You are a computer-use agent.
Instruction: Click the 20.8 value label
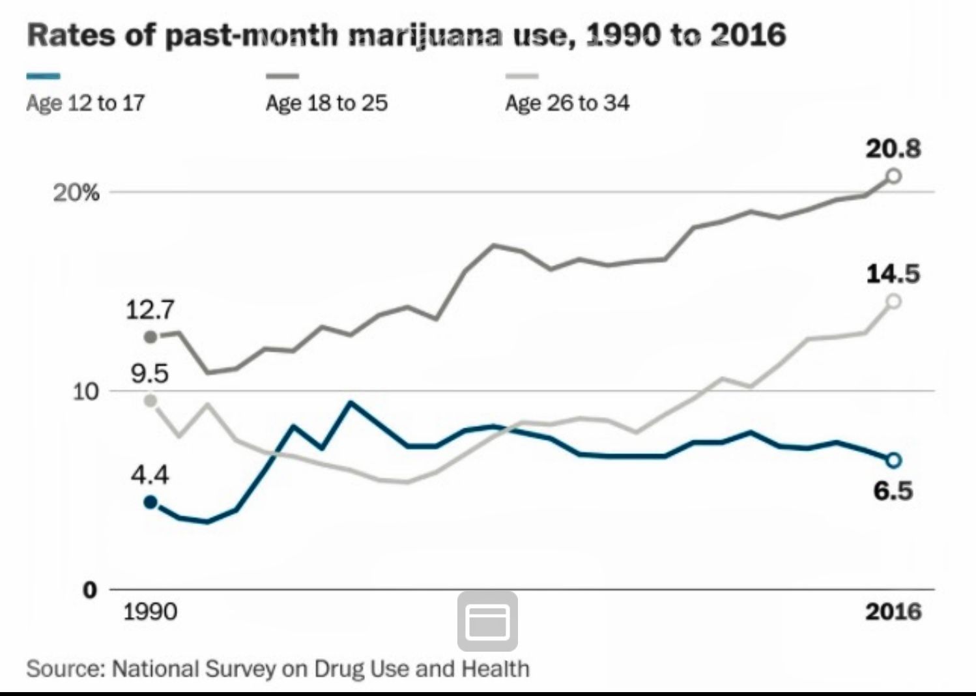(893, 149)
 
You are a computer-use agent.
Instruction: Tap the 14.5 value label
(893, 274)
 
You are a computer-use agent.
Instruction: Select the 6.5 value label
(893, 490)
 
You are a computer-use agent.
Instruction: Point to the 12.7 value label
(150, 310)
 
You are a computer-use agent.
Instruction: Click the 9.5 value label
(150, 373)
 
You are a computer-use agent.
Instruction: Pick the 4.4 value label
(150, 474)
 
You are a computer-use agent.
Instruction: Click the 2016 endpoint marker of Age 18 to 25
(894, 176)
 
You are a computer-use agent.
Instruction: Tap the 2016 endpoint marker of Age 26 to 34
(894, 301)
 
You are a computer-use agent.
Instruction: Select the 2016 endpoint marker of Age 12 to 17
(894, 460)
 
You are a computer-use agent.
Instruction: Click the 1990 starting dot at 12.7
(151, 337)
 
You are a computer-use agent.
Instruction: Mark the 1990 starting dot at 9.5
(151, 400)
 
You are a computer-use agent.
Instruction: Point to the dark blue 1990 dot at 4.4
(151, 502)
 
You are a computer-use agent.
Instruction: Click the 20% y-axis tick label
(76, 193)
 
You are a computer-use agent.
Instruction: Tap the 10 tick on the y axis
(85, 392)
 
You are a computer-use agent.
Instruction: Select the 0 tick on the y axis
(90, 590)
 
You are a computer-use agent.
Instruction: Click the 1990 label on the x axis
(150, 612)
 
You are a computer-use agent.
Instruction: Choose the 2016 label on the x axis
(893, 612)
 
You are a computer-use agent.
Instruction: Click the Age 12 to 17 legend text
(85, 103)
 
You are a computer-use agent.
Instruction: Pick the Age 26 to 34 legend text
(567, 103)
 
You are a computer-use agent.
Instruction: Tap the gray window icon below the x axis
(487, 621)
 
